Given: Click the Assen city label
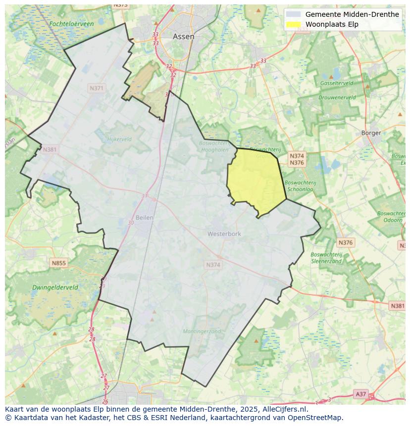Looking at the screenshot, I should [x=183, y=37].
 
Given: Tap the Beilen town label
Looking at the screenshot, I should [x=144, y=218].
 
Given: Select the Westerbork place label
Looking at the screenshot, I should [x=224, y=234].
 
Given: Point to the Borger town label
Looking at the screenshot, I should [x=371, y=133].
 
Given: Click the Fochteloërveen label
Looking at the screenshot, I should [x=72, y=24].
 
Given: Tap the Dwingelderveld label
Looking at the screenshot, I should [x=55, y=287].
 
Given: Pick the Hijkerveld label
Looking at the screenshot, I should [x=119, y=140].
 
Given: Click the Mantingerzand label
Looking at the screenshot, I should [x=202, y=331].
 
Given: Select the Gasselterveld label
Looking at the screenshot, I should [x=336, y=84].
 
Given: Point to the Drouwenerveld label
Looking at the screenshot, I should [x=337, y=97].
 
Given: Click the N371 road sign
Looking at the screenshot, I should [x=97, y=88].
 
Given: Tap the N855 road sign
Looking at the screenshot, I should [x=58, y=263].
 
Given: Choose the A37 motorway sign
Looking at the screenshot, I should [x=361, y=394].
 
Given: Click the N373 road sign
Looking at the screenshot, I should [x=120, y=5].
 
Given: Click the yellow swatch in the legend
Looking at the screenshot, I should [x=294, y=24].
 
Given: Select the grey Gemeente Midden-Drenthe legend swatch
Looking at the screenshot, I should [x=294, y=14].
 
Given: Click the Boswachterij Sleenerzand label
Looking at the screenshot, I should [x=326, y=258].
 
